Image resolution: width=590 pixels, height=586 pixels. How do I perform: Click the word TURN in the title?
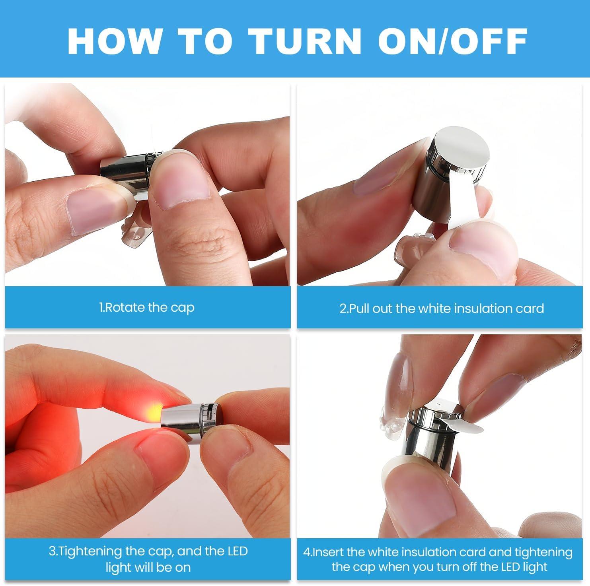[305, 41]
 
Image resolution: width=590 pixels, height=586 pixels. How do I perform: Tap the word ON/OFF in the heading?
[453, 41]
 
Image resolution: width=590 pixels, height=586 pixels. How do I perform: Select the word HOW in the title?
[115, 41]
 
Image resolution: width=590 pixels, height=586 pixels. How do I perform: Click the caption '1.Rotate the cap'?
[147, 308]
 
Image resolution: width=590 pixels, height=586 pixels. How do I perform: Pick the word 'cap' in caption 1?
[183, 309]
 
